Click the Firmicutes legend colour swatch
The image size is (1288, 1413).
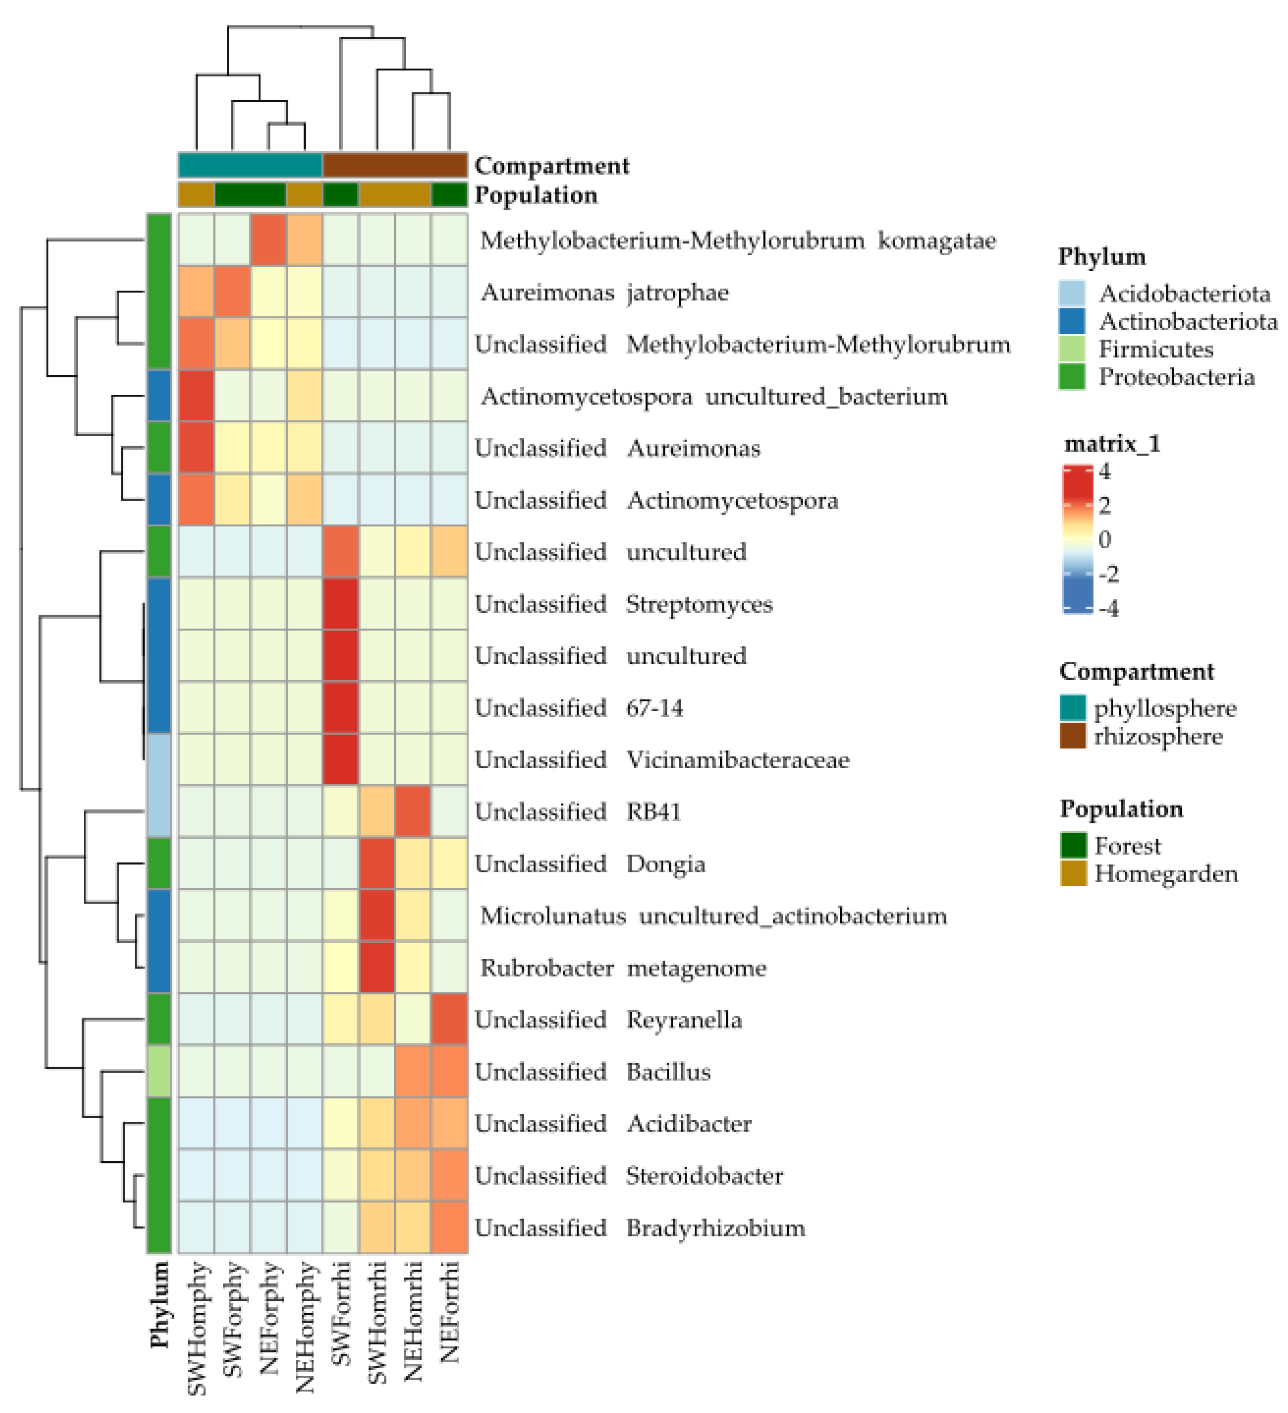[1072, 349]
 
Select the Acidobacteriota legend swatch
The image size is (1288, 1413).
[1072, 293]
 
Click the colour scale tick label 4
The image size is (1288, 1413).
[1104, 472]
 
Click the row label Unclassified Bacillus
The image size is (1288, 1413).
[592, 1072]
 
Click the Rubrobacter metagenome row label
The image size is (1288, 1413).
[623, 968]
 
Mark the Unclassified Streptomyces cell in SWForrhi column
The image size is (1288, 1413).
[341, 603]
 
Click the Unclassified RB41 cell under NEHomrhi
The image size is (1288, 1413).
[413, 811]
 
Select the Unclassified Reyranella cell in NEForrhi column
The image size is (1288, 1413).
[449, 1020]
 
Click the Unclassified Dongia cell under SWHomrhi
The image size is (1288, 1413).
[377, 864]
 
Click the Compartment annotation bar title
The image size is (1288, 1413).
[551, 166]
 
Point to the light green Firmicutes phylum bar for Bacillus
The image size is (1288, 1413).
[159, 1072]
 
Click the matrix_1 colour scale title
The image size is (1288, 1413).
[1112, 444]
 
